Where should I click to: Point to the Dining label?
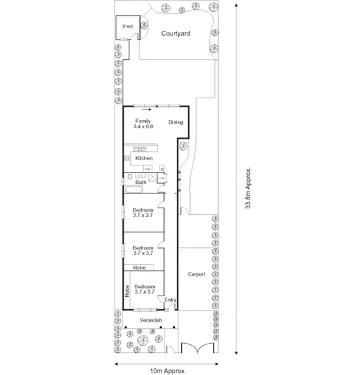pyautogui.click(x=176, y=122)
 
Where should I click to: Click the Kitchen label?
pyautogui.click(x=144, y=158)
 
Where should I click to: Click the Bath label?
pyautogui.click(x=140, y=183)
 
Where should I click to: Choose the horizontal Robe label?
pyautogui.click(x=139, y=268)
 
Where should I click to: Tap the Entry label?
pyautogui.click(x=171, y=299)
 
